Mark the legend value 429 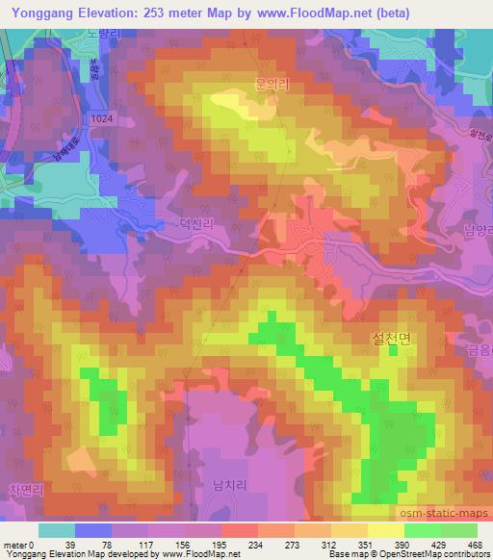[436, 544]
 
